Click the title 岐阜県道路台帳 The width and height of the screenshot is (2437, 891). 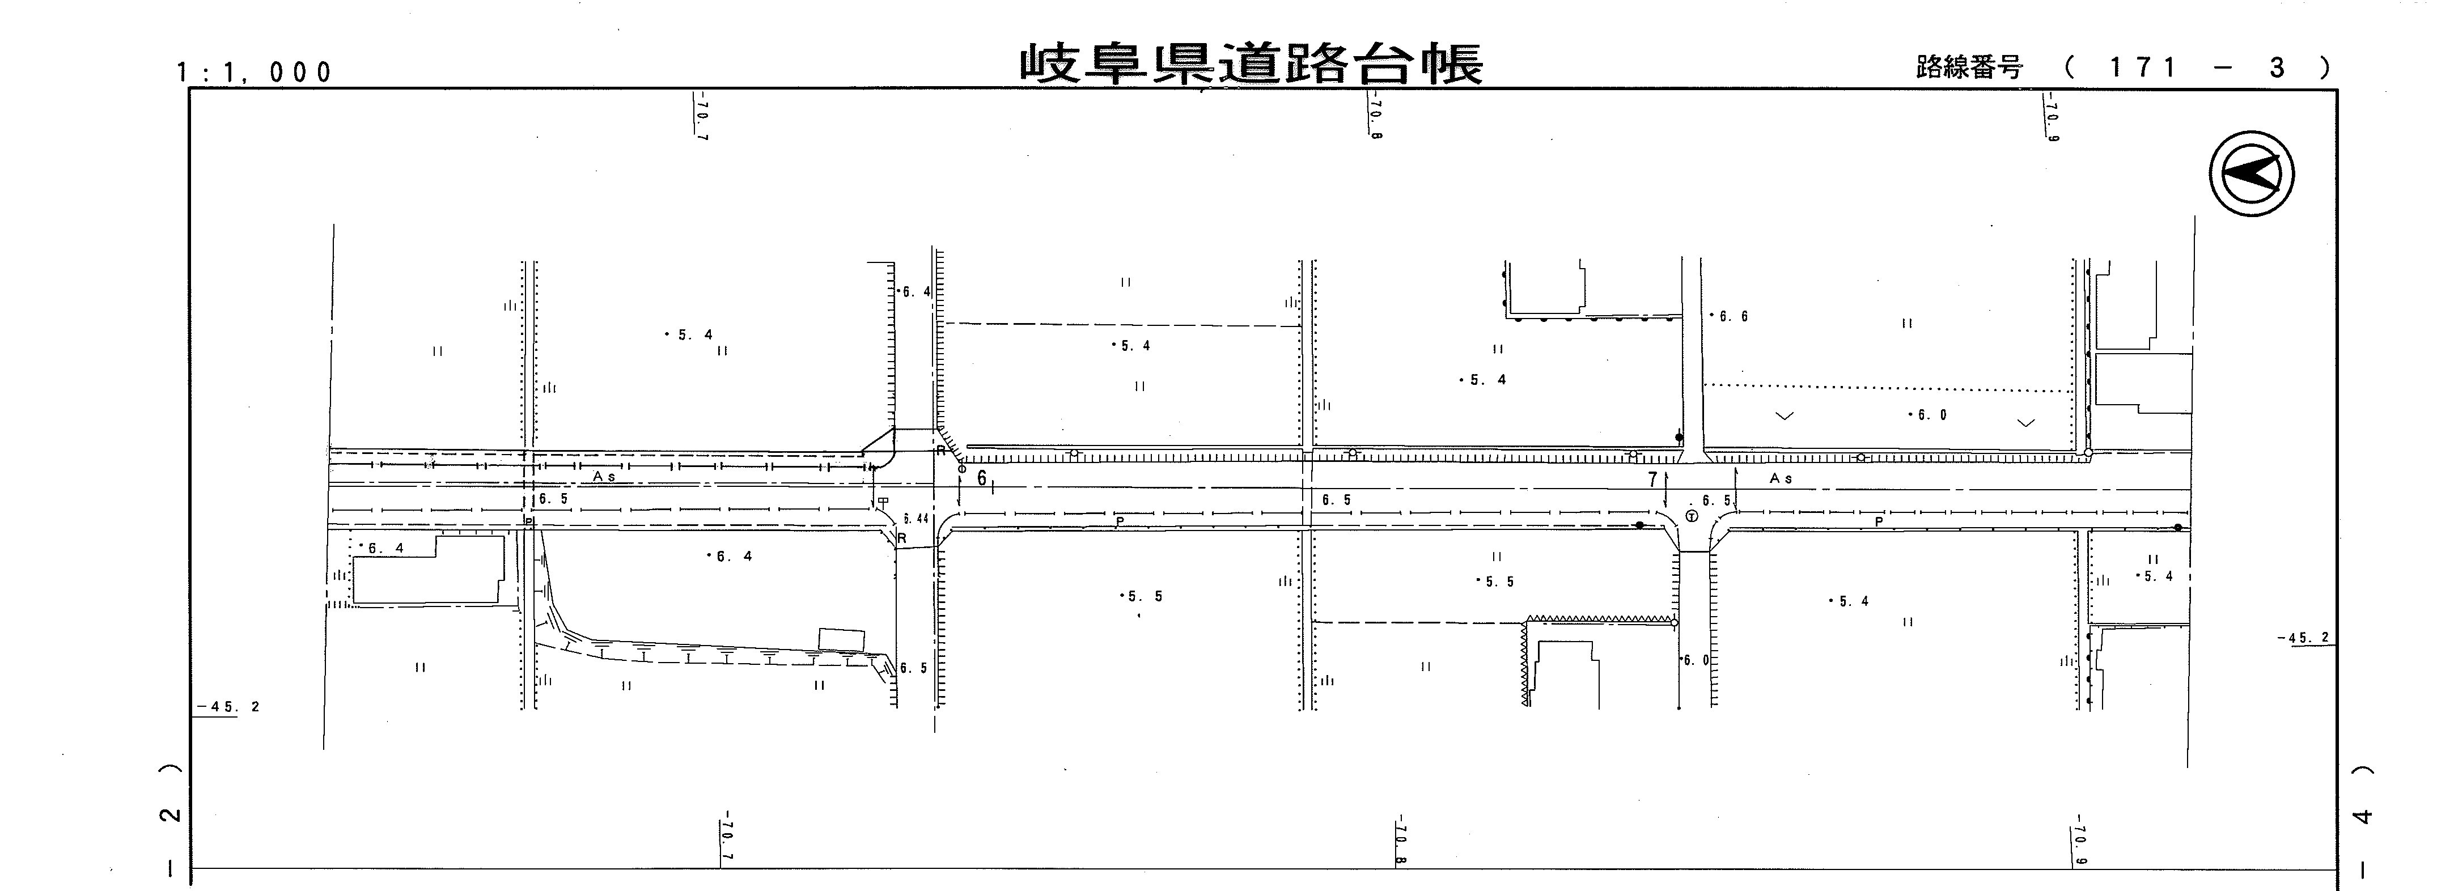point(1251,64)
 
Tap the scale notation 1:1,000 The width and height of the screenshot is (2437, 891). point(253,72)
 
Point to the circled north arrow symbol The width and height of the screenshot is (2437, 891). point(2252,173)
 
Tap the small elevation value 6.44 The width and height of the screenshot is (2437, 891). point(916,518)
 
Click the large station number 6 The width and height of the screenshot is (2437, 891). point(982,478)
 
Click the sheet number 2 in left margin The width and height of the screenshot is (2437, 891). point(171,814)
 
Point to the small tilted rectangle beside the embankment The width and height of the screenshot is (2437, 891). point(841,638)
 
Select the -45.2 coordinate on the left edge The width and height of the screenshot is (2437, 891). point(227,707)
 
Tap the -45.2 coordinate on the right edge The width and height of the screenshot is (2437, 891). point(2304,638)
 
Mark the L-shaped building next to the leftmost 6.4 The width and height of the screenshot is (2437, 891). point(427,570)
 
